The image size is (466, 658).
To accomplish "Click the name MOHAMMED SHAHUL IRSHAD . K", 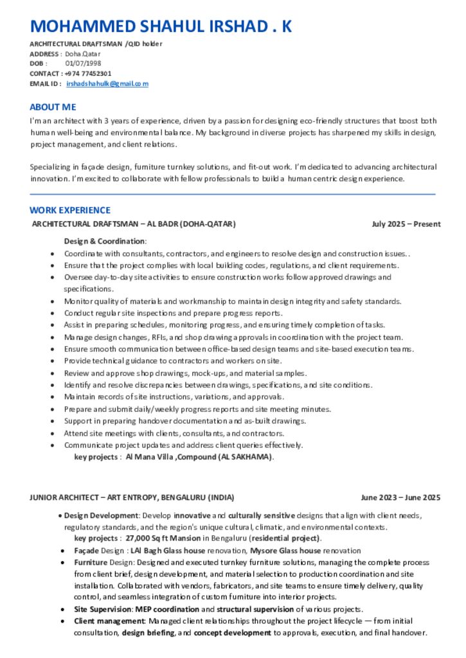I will click(161, 26).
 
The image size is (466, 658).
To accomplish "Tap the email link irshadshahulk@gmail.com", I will click(107, 84).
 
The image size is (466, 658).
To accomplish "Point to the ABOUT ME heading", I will click(53, 107).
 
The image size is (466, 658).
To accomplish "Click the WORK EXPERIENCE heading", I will click(70, 210).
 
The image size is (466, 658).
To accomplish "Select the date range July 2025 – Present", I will click(406, 224).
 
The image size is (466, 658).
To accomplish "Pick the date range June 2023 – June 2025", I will click(400, 497).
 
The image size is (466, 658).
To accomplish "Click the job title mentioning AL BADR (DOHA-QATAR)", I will click(134, 224).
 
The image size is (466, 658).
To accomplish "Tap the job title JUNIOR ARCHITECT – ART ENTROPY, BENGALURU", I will click(132, 497).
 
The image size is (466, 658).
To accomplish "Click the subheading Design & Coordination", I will click(105, 241).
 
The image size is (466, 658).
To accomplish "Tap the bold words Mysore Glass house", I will click(285, 551).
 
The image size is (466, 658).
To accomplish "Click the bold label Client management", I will click(109, 621).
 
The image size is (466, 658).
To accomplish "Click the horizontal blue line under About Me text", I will click(232, 193).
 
